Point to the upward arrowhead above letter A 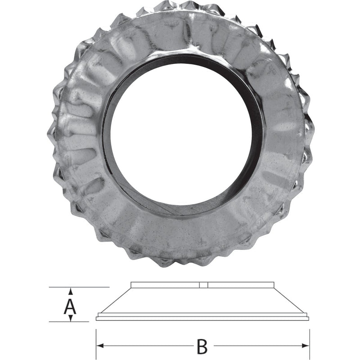(x=71, y=290)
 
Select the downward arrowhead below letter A (x=71, y=318)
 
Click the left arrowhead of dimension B (x=100, y=346)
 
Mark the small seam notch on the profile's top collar (x=202, y=285)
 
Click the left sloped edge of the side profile (x=115, y=300)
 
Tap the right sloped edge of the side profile (x=290, y=300)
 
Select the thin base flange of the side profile (x=202, y=319)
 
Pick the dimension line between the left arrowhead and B (x=148, y=346)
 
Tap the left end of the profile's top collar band (x=131, y=285)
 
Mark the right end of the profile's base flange (x=308, y=319)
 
